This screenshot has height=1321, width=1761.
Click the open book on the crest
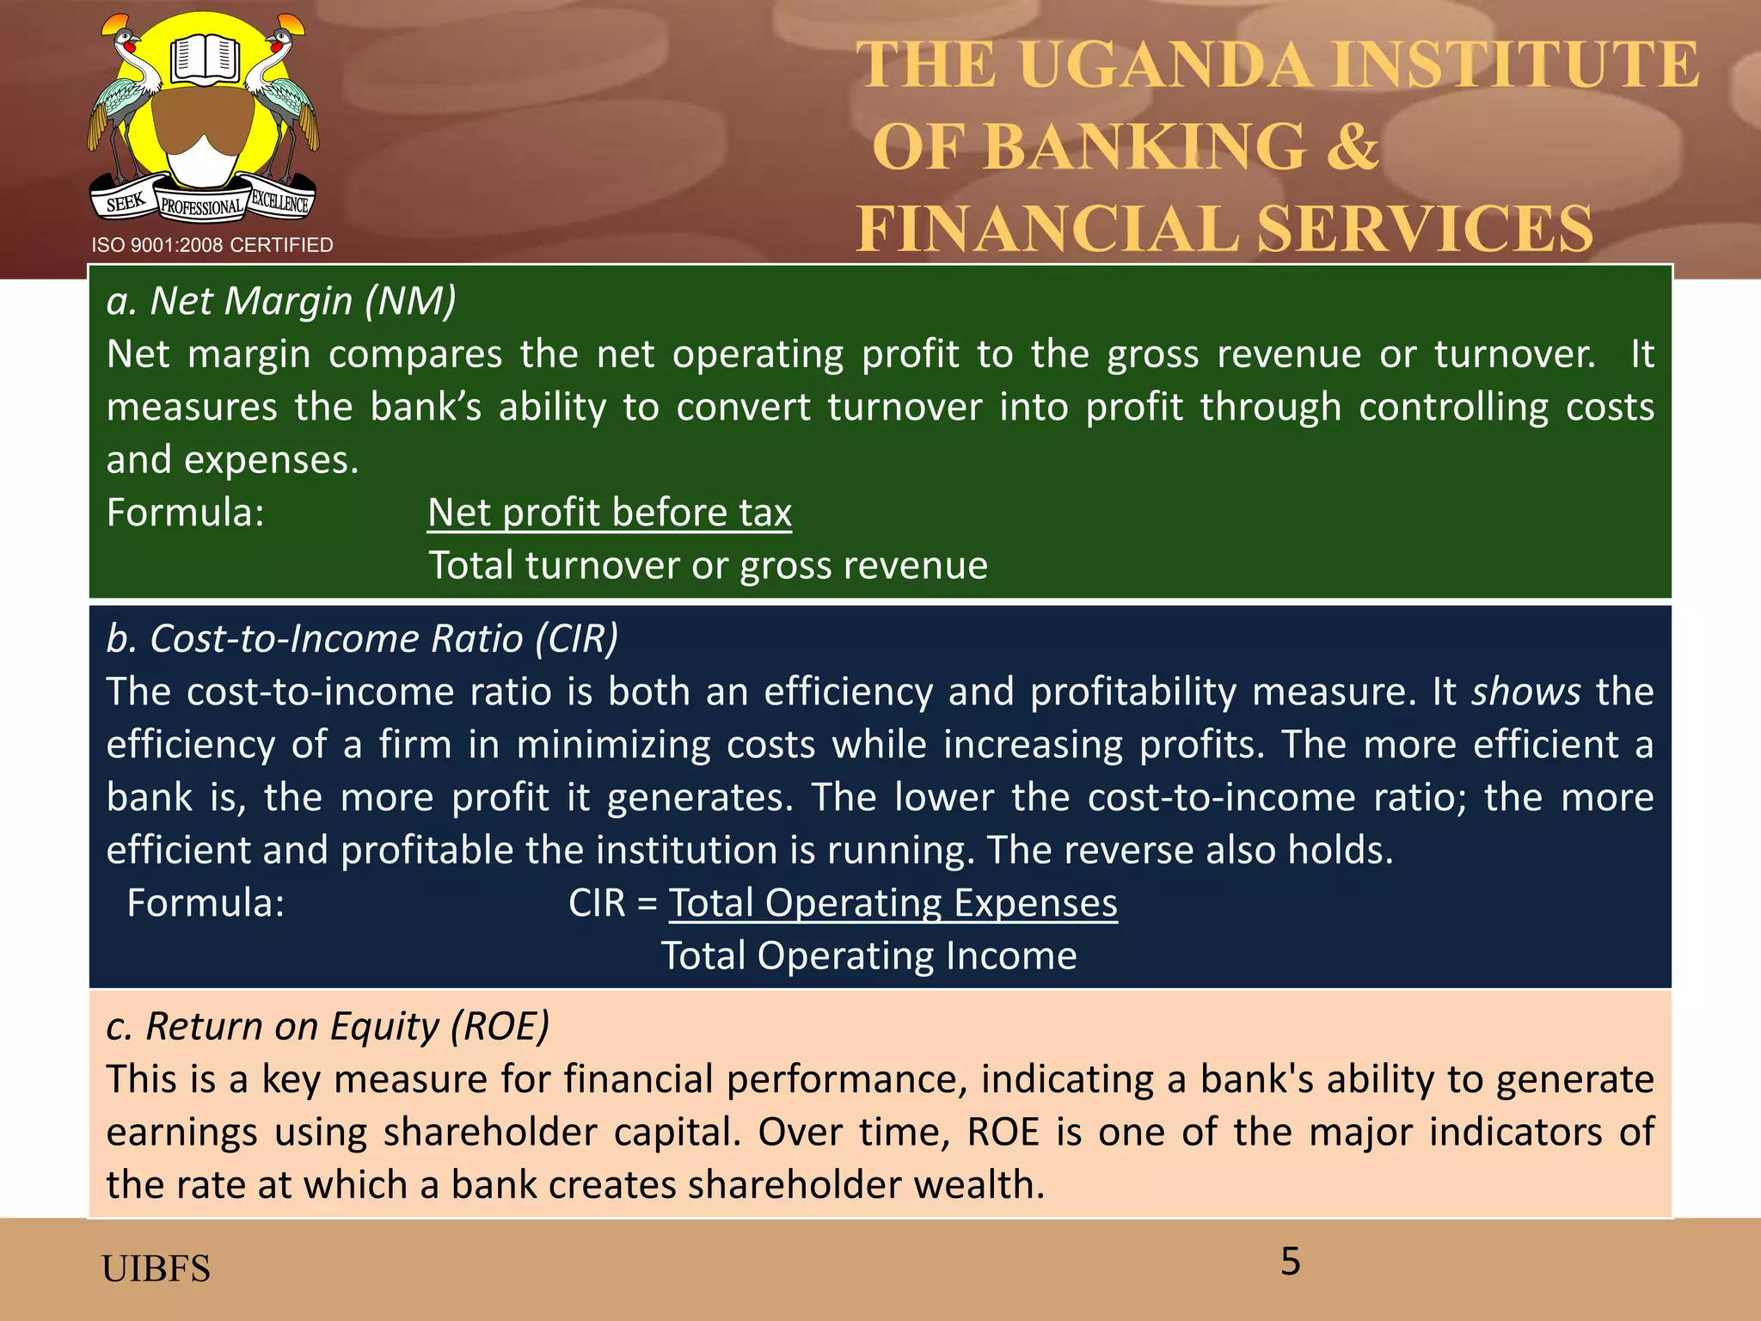pyautogui.click(x=204, y=58)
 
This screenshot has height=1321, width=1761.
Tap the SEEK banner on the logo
pyautogui.click(x=126, y=203)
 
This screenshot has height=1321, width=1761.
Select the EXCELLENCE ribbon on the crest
pyautogui.click(x=279, y=202)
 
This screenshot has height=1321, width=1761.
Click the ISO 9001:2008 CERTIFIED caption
pyautogui.click(x=212, y=245)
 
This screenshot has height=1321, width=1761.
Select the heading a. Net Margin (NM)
pyautogui.click(x=281, y=301)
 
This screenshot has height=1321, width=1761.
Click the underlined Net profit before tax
pyautogui.click(x=610, y=513)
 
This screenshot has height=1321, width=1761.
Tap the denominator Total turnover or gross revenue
pyautogui.click(x=708, y=565)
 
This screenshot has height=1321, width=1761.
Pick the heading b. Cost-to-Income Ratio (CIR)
pyautogui.click(x=362, y=638)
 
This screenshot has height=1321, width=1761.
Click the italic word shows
pyautogui.click(x=1525, y=691)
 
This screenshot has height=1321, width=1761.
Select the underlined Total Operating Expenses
pyautogui.click(x=893, y=903)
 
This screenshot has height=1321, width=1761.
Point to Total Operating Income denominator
pyautogui.click(x=868, y=955)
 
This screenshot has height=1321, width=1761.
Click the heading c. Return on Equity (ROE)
pyautogui.click(x=328, y=1026)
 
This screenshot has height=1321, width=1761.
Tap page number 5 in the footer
pyautogui.click(x=1290, y=1262)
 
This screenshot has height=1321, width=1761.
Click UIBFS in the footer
pyautogui.click(x=156, y=1269)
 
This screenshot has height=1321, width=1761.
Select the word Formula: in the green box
pyautogui.click(x=185, y=513)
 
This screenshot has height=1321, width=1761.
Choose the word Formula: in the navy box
pyautogui.click(x=206, y=903)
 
